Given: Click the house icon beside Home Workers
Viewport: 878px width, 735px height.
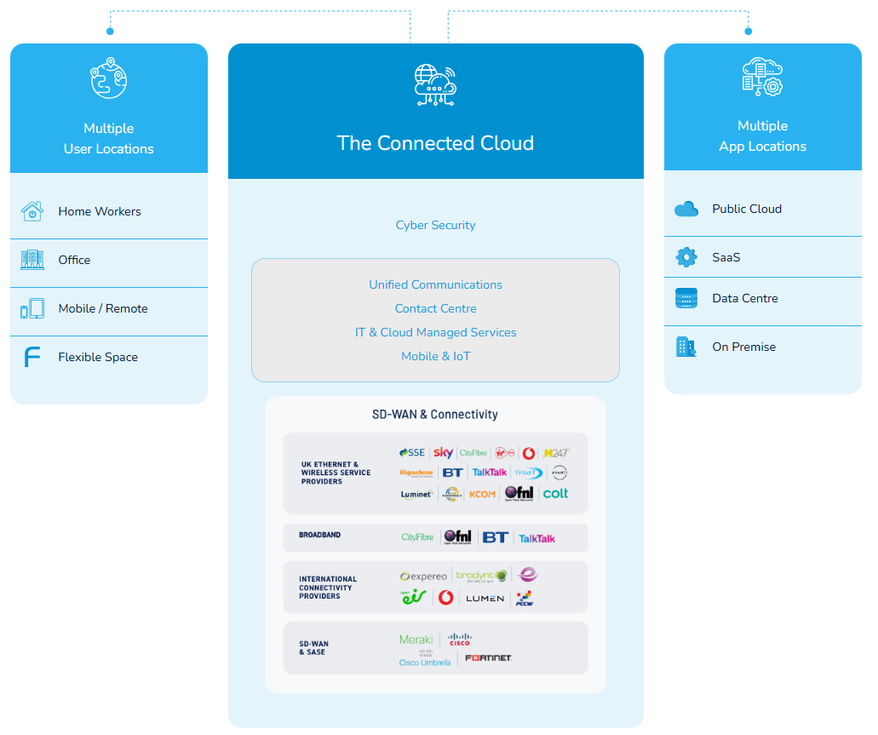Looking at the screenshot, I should pyautogui.click(x=32, y=211).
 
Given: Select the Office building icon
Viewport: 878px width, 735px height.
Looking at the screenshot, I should pyautogui.click(x=32, y=260).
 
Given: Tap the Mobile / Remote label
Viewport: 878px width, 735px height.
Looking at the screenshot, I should pyautogui.click(x=103, y=308).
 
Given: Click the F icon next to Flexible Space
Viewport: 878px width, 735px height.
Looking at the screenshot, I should pyautogui.click(x=32, y=357).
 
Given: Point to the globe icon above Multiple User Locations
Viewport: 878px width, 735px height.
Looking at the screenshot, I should pyautogui.click(x=108, y=78).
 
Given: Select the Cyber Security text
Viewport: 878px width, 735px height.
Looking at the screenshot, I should pyautogui.click(x=435, y=225).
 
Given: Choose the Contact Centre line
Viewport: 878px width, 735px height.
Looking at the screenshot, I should pyautogui.click(x=435, y=308).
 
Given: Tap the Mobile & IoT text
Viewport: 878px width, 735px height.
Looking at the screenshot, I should pyautogui.click(x=435, y=356).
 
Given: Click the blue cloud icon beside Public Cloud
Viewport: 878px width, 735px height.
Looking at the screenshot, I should pyautogui.click(x=686, y=209).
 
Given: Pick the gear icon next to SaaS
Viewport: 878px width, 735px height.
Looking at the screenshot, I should pyautogui.click(x=686, y=256).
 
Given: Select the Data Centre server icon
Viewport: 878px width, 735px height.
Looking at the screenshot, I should pyautogui.click(x=686, y=298).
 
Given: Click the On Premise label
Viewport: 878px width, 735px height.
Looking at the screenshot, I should pyautogui.click(x=743, y=347).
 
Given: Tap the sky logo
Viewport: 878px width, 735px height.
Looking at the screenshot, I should pyautogui.click(x=443, y=452).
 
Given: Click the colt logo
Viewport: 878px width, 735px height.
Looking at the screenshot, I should pyautogui.click(x=555, y=493).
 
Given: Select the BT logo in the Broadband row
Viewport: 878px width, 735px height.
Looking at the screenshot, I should pyautogui.click(x=495, y=537).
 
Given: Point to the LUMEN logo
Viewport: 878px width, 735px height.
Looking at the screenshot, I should pyautogui.click(x=485, y=599).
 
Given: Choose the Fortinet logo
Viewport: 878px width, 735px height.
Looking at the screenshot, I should pyautogui.click(x=489, y=657).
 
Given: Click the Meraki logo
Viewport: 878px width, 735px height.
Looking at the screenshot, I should pyautogui.click(x=416, y=640).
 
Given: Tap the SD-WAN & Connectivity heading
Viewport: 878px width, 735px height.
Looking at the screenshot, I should pyautogui.click(x=435, y=415).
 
